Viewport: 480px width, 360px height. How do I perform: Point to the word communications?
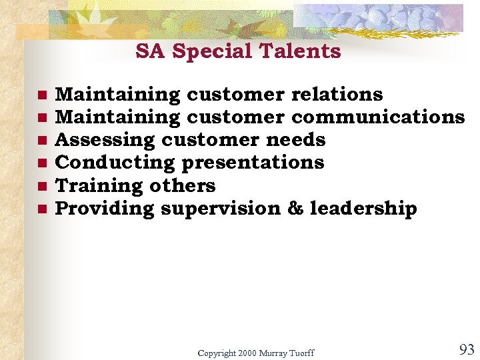click(378, 117)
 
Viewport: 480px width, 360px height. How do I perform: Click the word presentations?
click(253, 163)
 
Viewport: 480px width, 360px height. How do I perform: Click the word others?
click(182, 185)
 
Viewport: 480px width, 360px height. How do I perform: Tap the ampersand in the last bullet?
click(295, 209)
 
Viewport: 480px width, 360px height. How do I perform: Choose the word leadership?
click(363, 209)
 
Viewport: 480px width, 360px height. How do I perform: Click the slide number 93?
click(467, 349)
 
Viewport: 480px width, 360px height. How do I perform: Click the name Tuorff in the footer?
click(301, 353)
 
